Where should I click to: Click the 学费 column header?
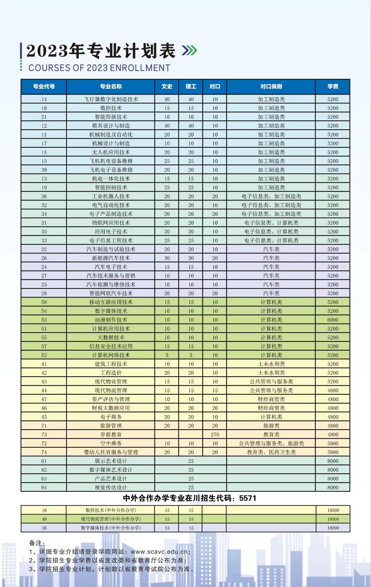click(333, 86)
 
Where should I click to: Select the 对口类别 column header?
click(271, 86)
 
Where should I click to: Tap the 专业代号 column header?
click(44, 86)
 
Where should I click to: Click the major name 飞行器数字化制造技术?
click(111, 99)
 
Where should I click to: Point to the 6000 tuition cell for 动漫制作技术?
click(333, 320)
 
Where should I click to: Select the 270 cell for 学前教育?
click(215, 435)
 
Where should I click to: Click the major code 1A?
click(44, 152)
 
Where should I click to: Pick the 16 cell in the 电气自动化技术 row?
click(215, 205)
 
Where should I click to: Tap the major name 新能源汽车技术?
click(111, 258)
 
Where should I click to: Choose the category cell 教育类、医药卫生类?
click(271, 452)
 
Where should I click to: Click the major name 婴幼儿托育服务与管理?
click(111, 452)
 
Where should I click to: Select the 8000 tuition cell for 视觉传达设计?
click(333, 487)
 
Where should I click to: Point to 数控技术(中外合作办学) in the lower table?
click(111, 510)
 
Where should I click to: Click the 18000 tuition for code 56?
click(333, 528)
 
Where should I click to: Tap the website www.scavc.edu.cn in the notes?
click(159, 552)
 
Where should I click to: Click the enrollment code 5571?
click(248, 498)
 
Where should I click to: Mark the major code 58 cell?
click(44, 302)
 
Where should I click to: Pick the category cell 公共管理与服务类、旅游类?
click(271, 443)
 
